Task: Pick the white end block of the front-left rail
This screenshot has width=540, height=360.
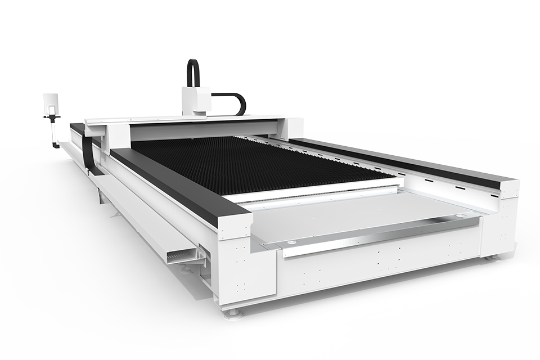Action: click(x=235, y=236)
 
